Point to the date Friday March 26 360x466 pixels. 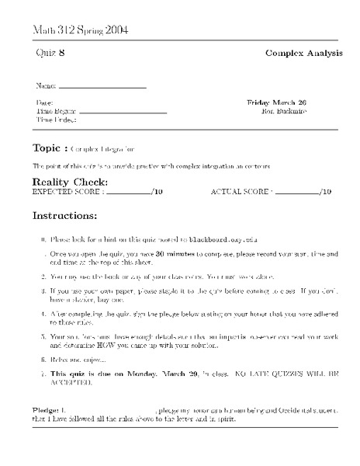pos(277,102)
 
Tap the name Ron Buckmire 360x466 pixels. pos(286,111)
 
